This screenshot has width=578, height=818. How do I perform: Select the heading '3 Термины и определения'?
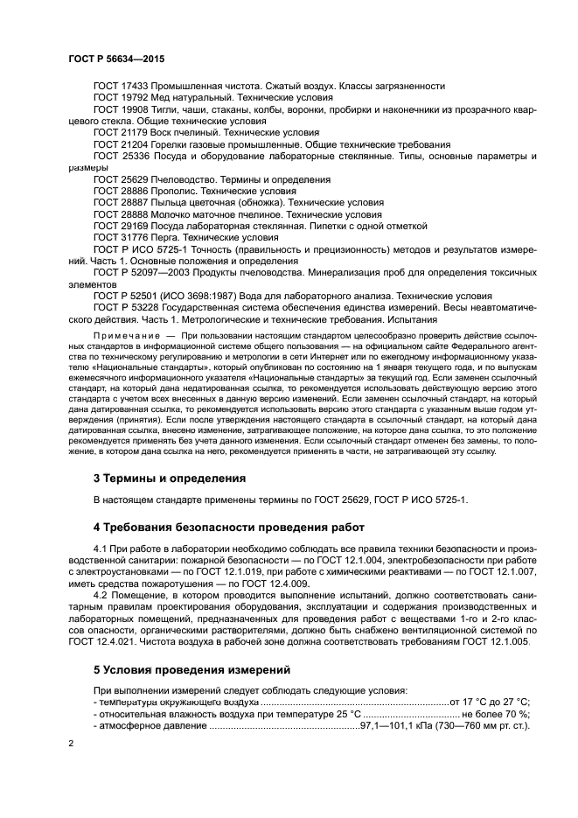tap(169, 479)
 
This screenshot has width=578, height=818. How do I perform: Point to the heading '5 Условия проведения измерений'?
tap(192, 671)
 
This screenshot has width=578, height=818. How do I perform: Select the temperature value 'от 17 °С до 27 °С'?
tap(491, 702)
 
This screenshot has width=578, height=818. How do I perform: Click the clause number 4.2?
tap(101, 595)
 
